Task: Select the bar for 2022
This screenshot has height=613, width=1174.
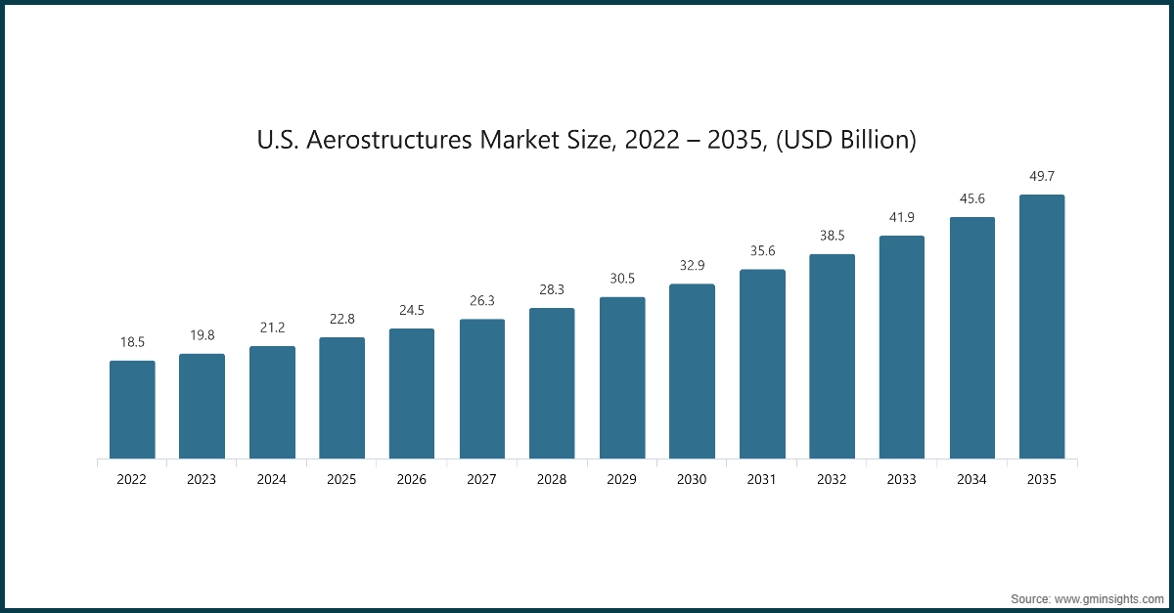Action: (132, 410)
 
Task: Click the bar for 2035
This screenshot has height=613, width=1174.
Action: (1042, 327)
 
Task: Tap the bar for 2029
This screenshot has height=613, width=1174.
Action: (622, 377)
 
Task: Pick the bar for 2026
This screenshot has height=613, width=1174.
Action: (412, 393)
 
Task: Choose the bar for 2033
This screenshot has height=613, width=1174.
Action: (902, 347)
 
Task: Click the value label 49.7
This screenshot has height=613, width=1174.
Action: (1042, 176)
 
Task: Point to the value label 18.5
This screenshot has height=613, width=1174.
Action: (132, 342)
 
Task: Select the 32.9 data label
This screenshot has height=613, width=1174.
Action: (693, 265)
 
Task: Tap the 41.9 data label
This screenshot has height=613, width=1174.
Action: (902, 217)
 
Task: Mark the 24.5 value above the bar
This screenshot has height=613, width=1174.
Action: (412, 310)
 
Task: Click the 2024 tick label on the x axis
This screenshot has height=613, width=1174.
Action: (272, 480)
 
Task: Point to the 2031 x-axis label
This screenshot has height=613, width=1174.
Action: (762, 480)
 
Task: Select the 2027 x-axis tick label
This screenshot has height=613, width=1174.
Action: (482, 480)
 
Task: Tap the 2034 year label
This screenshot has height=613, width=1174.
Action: (972, 480)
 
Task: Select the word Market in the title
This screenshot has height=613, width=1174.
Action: (516, 140)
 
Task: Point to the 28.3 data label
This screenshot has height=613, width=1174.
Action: (552, 289)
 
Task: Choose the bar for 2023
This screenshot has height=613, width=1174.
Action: (202, 406)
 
